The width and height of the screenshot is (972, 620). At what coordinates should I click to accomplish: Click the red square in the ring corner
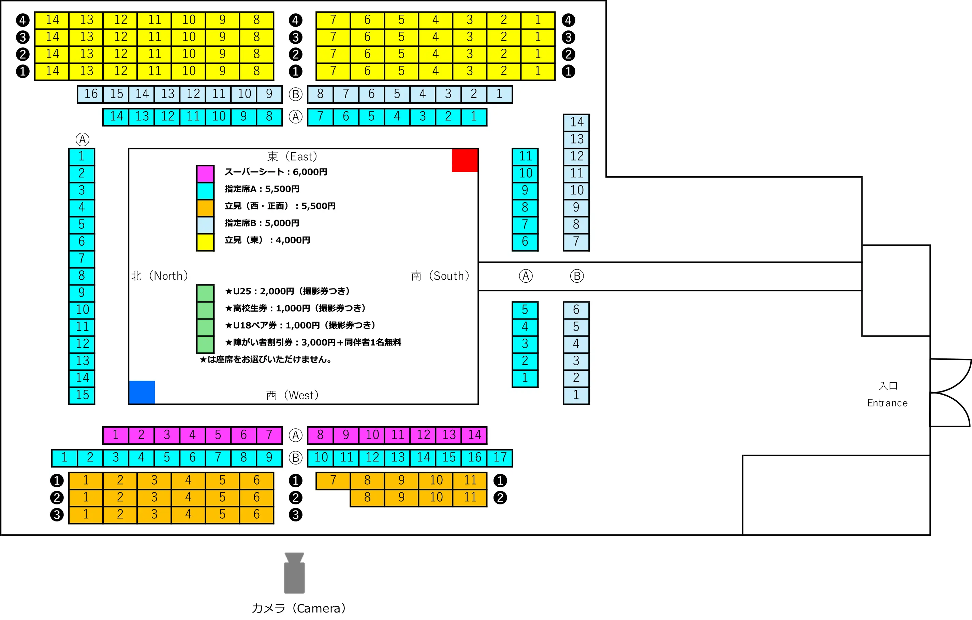pyautogui.click(x=465, y=161)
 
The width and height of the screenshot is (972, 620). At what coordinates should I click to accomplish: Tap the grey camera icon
pyautogui.click(x=294, y=573)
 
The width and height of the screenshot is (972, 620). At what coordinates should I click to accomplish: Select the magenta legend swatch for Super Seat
pyautogui.click(x=205, y=174)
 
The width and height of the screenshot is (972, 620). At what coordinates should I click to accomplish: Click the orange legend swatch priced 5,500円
pyautogui.click(x=205, y=208)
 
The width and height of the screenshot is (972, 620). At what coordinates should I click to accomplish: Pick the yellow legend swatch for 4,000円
pyautogui.click(x=205, y=242)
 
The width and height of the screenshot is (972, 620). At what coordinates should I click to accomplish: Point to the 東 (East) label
pyautogui.click(x=292, y=157)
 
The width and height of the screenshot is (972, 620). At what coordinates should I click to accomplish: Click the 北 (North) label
pyautogui.click(x=160, y=276)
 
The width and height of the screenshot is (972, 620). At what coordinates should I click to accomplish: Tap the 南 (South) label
pyautogui.click(x=440, y=276)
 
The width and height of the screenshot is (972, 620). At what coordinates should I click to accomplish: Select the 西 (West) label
pyautogui.click(x=292, y=395)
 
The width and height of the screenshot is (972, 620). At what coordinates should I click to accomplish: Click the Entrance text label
pyautogui.click(x=887, y=403)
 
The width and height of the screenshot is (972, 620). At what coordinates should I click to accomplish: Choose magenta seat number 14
pyautogui.click(x=474, y=435)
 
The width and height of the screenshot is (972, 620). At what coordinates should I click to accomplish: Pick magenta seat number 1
pyautogui.click(x=116, y=435)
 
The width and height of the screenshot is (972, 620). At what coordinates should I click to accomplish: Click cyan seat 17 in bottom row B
pyautogui.click(x=500, y=458)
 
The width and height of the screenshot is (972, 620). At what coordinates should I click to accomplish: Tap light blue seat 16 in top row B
pyautogui.click(x=90, y=94)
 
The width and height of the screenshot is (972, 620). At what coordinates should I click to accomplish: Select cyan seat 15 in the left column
pyautogui.click(x=82, y=395)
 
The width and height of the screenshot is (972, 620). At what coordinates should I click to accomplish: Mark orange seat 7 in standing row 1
pyautogui.click(x=333, y=480)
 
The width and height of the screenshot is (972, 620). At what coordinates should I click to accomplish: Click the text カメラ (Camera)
pyautogui.click(x=299, y=608)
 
